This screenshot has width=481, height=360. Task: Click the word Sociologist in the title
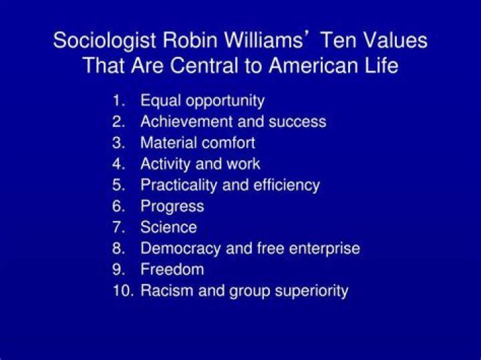104,40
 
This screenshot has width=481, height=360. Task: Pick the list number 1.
120,101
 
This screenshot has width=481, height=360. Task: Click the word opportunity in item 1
225,102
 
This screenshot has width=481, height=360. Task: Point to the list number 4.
120,164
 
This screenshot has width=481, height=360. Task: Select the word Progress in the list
172,206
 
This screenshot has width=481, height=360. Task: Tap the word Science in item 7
168,227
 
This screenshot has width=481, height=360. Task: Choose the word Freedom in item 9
172,269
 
